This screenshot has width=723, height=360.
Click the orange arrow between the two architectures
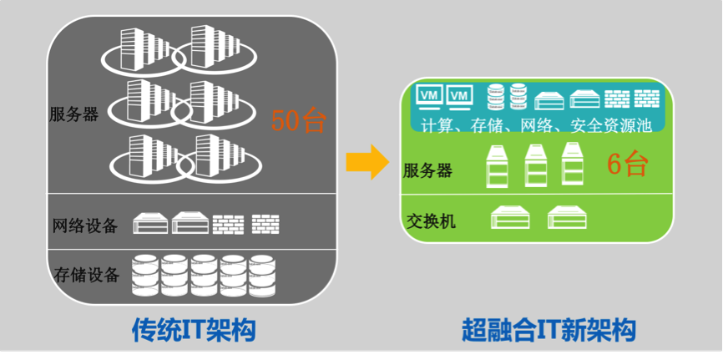click(x=367, y=161)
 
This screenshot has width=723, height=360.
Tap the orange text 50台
click(x=298, y=121)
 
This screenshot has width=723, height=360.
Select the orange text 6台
click(x=627, y=163)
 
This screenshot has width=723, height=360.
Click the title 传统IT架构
click(x=194, y=330)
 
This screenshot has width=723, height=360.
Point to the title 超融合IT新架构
click(x=549, y=330)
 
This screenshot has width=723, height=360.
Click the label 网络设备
click(x=85, y=226)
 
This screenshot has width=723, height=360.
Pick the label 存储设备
click(x=86, y=275)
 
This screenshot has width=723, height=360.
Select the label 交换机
click(x=431, y=221)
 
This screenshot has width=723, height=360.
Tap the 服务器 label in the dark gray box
click(x=73, y=114)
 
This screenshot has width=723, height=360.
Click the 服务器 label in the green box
click(x=427, y=170)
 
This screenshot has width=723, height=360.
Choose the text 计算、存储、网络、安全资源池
click(x=537, y=125)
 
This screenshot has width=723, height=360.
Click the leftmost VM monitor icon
click(x=430, y=97)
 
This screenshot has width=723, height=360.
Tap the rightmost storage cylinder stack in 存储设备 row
click(x=262, y=276)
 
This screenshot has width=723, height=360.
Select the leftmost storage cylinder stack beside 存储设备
click(x=145, y=276)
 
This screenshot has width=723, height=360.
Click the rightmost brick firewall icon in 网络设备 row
click(x=265, y=224)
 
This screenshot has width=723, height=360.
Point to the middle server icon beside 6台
click(x=536, y=165)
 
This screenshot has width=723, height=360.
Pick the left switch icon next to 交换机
click(x=510, y=217)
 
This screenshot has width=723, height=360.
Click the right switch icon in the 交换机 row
click(x=567, y=217)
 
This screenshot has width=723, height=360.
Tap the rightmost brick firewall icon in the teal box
click(x=646, y=99)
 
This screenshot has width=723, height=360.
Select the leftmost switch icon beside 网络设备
click(x=151, y=223)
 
